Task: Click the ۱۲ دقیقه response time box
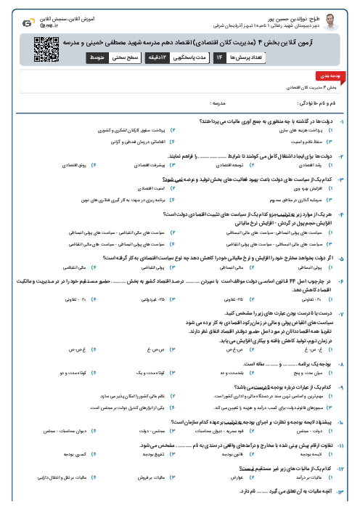coord(162,57)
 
